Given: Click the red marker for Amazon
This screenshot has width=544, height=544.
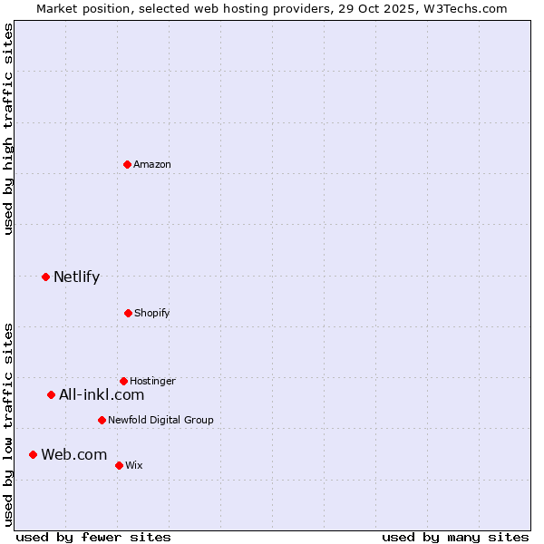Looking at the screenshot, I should [127, 164].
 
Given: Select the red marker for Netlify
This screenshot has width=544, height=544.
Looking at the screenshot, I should [45, 277].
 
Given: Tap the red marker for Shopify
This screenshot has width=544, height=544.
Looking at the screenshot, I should [128, 313].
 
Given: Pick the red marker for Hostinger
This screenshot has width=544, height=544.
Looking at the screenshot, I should [123, 381].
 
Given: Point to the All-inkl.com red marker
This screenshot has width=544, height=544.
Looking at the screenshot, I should [51, 394].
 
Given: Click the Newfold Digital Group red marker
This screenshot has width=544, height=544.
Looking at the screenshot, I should [102, 420].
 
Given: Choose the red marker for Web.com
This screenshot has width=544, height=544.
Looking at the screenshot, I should [33, 454].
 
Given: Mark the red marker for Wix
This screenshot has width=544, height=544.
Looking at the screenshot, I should [119, 465].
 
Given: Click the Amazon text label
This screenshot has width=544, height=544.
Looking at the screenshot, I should [152, 164].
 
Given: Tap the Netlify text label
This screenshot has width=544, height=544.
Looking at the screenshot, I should [76, 277].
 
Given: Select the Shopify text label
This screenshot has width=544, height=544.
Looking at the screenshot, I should [152, 313].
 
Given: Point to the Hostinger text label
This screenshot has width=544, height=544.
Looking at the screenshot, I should [152, 381].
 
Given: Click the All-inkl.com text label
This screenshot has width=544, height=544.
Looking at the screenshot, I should [102, 394].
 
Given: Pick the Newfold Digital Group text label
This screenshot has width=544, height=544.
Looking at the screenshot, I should [160, 420].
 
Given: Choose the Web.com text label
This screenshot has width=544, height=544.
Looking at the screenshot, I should [73, 454].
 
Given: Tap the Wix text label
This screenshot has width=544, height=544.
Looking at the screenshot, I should [134, 465].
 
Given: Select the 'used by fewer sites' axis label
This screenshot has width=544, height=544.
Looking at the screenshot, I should [93, 537].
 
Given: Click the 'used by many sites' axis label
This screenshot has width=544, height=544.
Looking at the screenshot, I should [455, 537].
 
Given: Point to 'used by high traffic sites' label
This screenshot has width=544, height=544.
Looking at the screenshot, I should [8, 129].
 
